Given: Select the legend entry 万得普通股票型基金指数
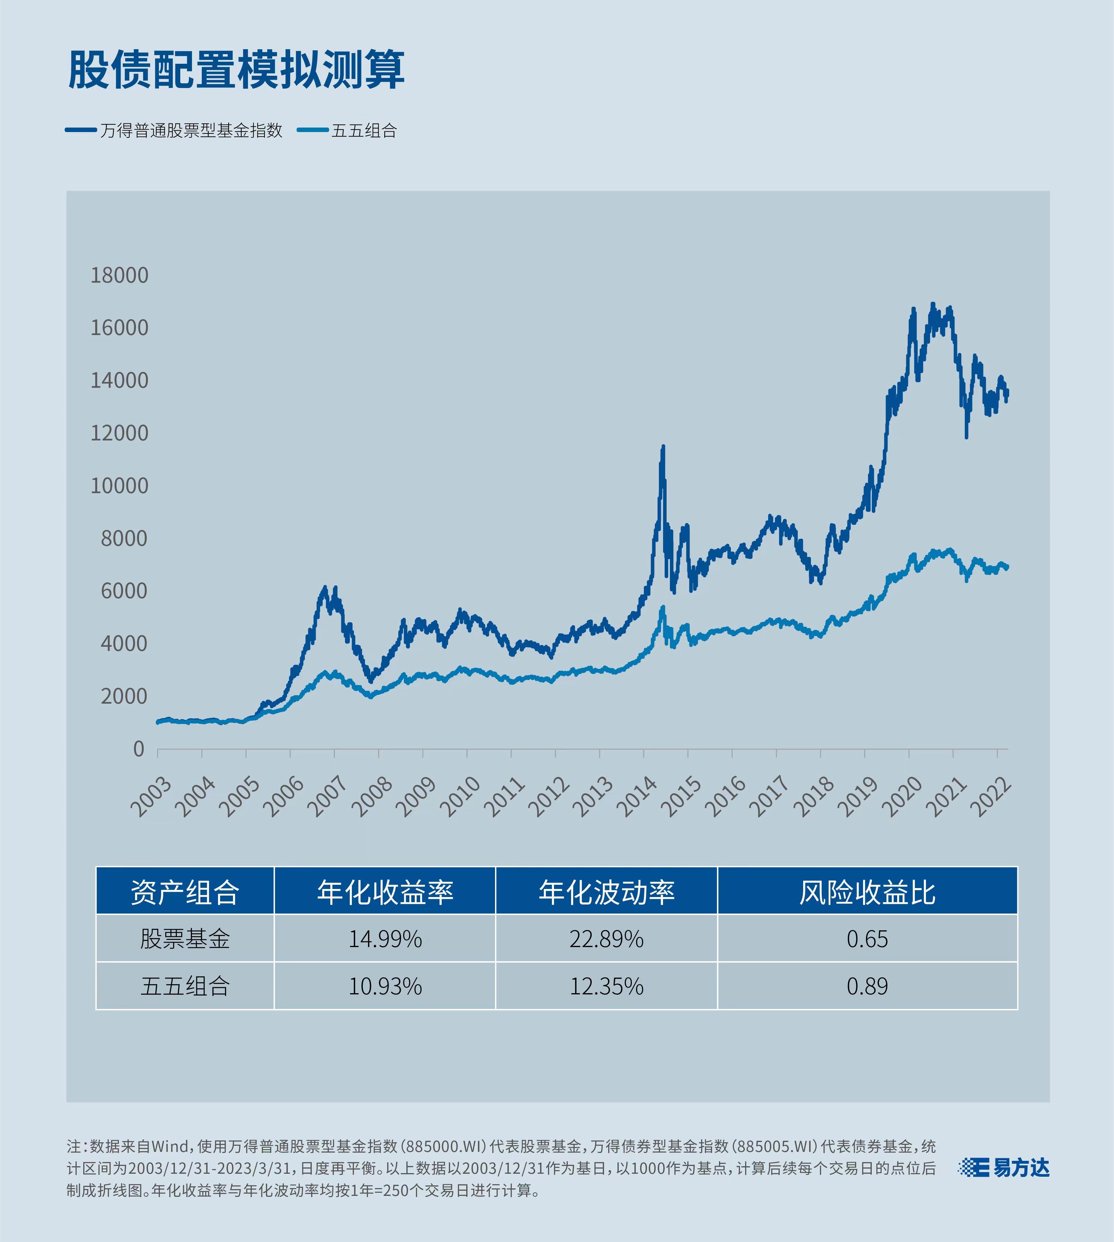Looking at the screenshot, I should click(x=191, y=130).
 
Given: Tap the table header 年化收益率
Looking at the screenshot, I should click(x=385, y=892).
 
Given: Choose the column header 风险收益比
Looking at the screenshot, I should click(x=867, y=892).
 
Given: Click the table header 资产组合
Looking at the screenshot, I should click(x=185, y=892).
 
